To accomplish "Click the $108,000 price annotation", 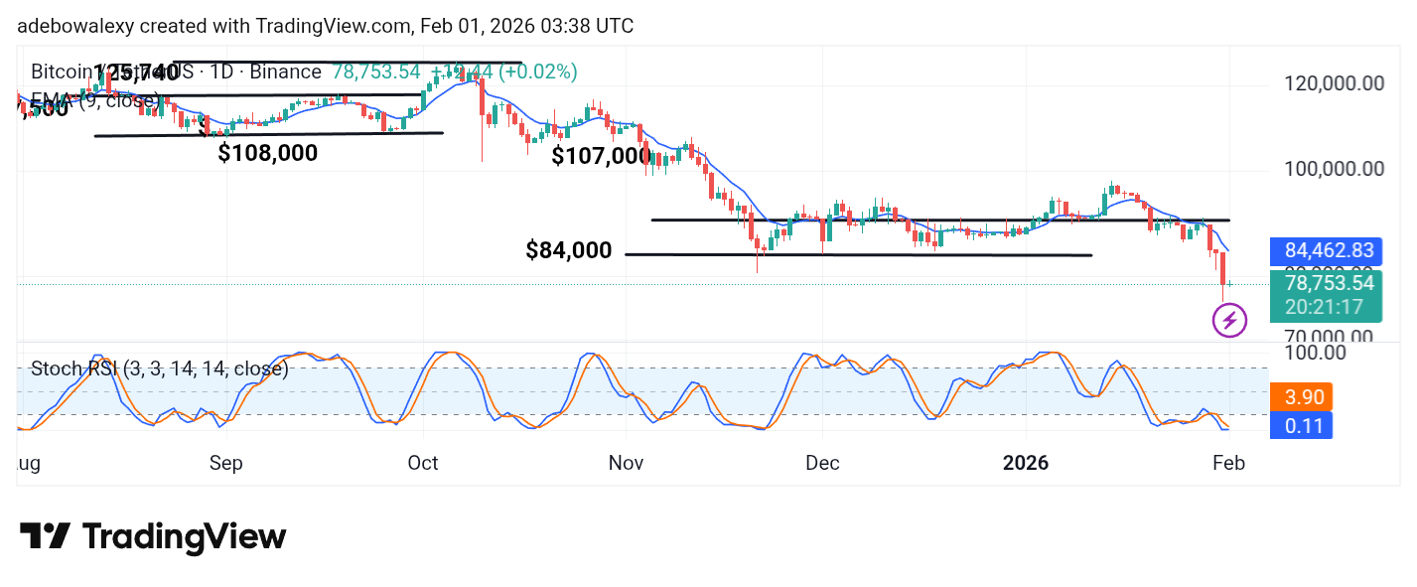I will coord(268,153).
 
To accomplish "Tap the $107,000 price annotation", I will coord(602,156).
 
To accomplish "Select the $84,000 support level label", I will coord(569,250).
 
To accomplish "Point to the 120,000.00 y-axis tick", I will coord(1329,83).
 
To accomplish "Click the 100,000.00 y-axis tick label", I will coord(1329,169).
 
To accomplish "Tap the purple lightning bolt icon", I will coord(1230,320).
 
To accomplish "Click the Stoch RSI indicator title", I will coord(159,369).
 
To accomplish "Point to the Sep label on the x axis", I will coord(226,463).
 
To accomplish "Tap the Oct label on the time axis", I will coord(423,463).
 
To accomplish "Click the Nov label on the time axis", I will coord(626,463).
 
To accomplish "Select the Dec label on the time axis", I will coord(822,463).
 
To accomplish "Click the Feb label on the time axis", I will coord(1227,463).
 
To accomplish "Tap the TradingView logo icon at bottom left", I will coord(45,537).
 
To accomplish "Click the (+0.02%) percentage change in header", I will coord(537,72).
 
